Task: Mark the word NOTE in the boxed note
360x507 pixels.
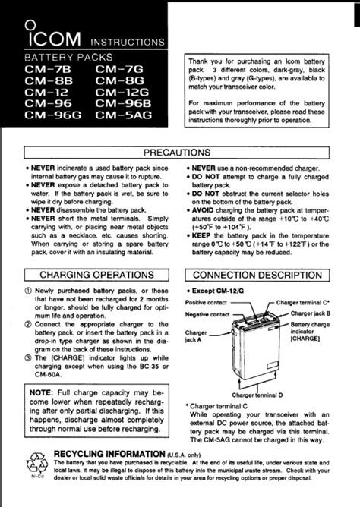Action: click(43, 392)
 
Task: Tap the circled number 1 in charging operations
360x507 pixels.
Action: click(28, 291)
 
